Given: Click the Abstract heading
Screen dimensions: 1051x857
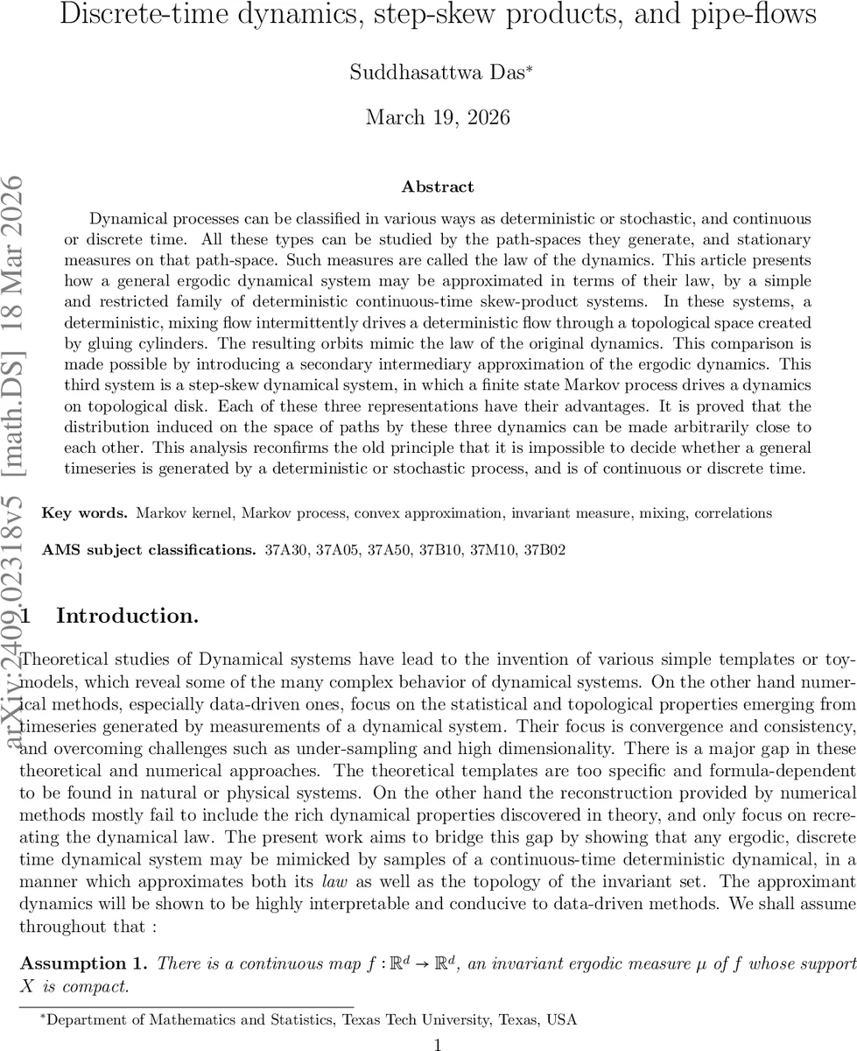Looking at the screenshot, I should click(438, 187).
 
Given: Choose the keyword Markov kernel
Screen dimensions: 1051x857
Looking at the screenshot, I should click(177, 512).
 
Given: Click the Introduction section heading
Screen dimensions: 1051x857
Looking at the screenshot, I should click(127, 616).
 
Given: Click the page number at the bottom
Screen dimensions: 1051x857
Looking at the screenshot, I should click(438, 1019).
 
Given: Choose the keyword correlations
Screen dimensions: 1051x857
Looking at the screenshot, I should click(734, 512).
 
